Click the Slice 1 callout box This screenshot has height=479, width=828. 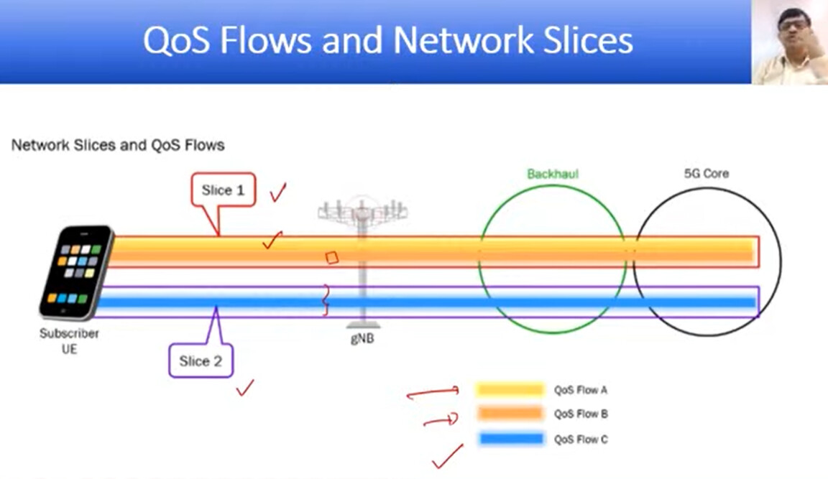tap(224, 190)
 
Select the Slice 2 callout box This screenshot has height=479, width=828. tap(201, 361)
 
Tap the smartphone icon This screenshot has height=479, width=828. tap(77, 273)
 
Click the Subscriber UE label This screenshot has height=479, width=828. tap(69, 341)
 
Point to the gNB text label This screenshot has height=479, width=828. tap(362, 339)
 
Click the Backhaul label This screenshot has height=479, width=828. tap(553, 174)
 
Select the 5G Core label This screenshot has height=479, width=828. tap(707, 174)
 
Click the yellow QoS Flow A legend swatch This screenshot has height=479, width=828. tap(510, 390)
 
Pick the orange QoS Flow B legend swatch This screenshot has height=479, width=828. tap(510, 413)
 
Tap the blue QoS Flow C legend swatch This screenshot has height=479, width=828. tap(511, 438)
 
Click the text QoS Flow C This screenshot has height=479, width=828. tap(581, 439)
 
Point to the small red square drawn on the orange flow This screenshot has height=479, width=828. tap(331, 257)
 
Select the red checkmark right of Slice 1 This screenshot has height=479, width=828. tap(277, 192)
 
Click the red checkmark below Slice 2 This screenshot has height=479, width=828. tap(245, 388)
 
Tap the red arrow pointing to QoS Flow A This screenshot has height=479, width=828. tap(433, 393)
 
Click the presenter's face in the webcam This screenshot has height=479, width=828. tap(793, 30)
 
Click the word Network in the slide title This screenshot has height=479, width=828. tap(463, 40)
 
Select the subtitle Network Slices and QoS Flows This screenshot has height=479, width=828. tap(118, 145)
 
